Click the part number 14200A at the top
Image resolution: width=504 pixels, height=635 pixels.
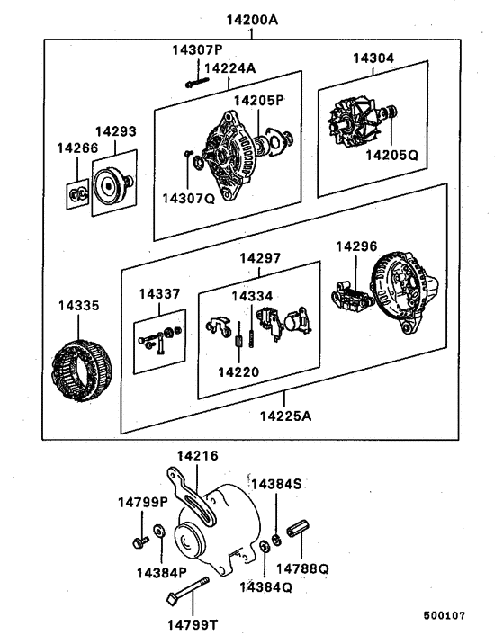tap(251, 19)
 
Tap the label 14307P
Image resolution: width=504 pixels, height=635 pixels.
tap(197, 49)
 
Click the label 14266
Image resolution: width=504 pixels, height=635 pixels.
tap(76, 147)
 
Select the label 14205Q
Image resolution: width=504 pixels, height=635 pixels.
tap(391, 154)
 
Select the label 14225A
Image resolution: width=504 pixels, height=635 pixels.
tap(286, 416)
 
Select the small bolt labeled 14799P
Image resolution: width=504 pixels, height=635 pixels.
tap(139, 542)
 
